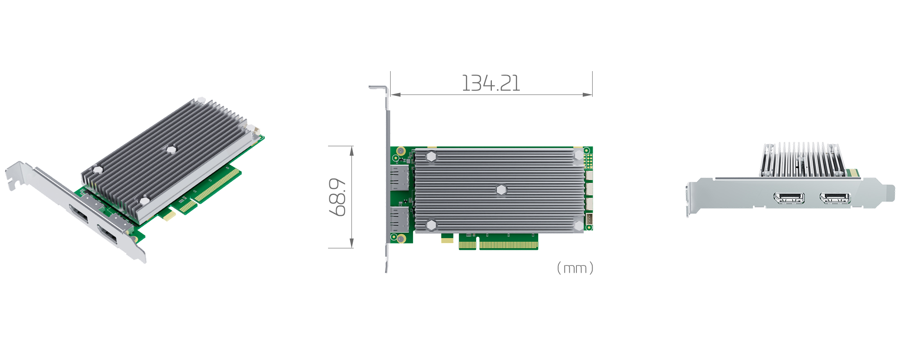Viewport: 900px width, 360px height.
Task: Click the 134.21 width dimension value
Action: pyautogui.click(x=491, y=84)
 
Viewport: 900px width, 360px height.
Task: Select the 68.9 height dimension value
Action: pyautogui.click(x=337, y=197)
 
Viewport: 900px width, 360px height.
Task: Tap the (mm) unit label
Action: pyautogui.click(x=575, y=268)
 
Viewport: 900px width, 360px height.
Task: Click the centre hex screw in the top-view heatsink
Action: pyautogui.click(x=501, y=190)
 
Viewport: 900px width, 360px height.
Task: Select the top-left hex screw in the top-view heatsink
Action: pyautogui.click(x=431, y=157)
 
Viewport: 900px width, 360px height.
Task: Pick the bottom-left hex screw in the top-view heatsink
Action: pyautogui.click(x=431, y=225)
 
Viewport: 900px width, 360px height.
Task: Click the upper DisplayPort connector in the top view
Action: pyautogui.click(x=399, y=178)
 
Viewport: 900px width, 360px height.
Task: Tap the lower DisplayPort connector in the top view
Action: pyautogui.click(x=399, y=220)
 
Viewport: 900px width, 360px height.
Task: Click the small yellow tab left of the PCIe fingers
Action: pyautogui.click(x=447, y=240)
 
